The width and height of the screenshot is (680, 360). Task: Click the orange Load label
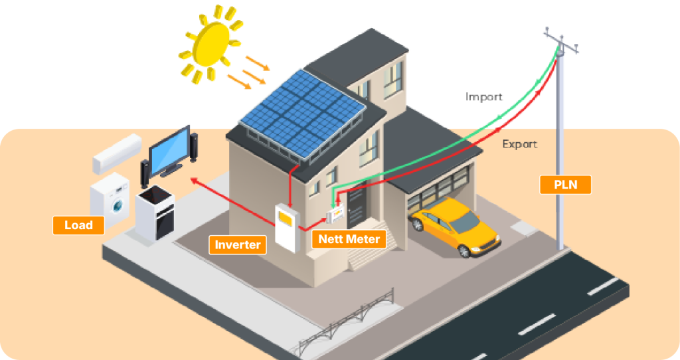[78, 225]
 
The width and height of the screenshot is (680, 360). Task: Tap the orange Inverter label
[238, 244]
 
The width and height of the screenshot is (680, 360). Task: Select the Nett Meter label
[349, 239]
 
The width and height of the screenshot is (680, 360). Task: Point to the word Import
[483, 97]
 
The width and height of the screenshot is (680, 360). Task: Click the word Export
[519, 143]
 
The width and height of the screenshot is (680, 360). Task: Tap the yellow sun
[207, 45]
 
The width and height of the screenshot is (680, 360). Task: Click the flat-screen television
[170, 150]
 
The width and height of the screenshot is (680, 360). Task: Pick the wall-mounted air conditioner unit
[117, 153]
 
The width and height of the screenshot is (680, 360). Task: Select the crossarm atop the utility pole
[560, 41]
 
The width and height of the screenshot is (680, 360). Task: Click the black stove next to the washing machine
[155, 213]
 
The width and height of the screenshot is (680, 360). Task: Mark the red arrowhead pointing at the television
[194, 179]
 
